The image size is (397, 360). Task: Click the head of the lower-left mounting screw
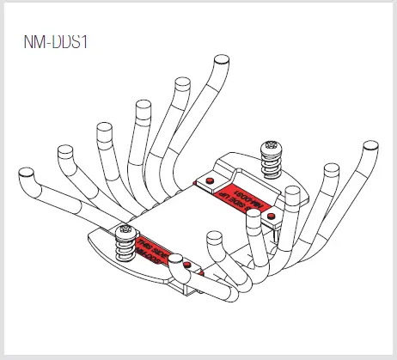click(x=126, y=230)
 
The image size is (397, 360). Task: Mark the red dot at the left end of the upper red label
click(x=208, y=181)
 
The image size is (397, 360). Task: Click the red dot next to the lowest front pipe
click(x=198, y=272)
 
